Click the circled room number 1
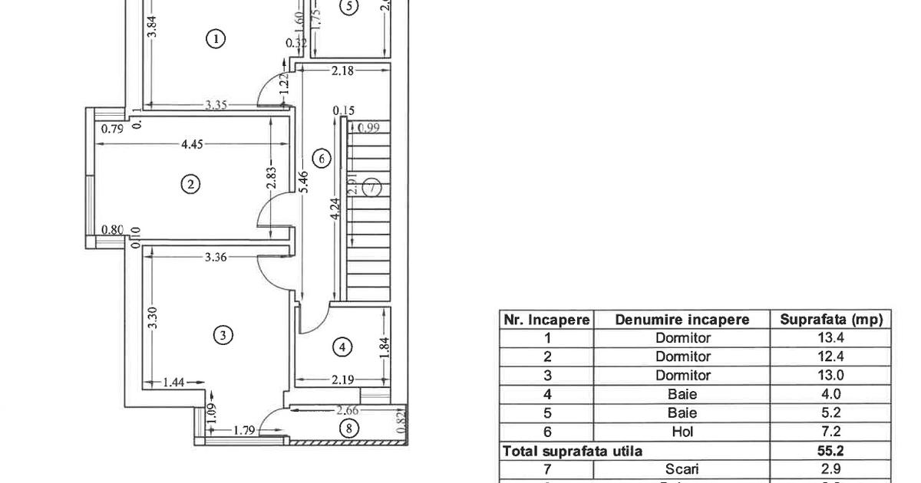coord(216,38)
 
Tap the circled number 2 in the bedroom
coord(190,183)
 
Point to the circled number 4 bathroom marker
coord(342,347)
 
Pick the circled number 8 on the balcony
coord(348,429)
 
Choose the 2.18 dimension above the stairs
coord(342,71)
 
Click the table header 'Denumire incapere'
coord(682,320)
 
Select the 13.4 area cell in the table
coord(831,338)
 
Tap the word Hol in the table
coord(682,432)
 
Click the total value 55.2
coord(831,452)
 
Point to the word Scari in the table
coord(682,469)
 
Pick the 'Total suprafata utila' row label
coord(572,452)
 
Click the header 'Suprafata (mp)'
coord(831,320)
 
